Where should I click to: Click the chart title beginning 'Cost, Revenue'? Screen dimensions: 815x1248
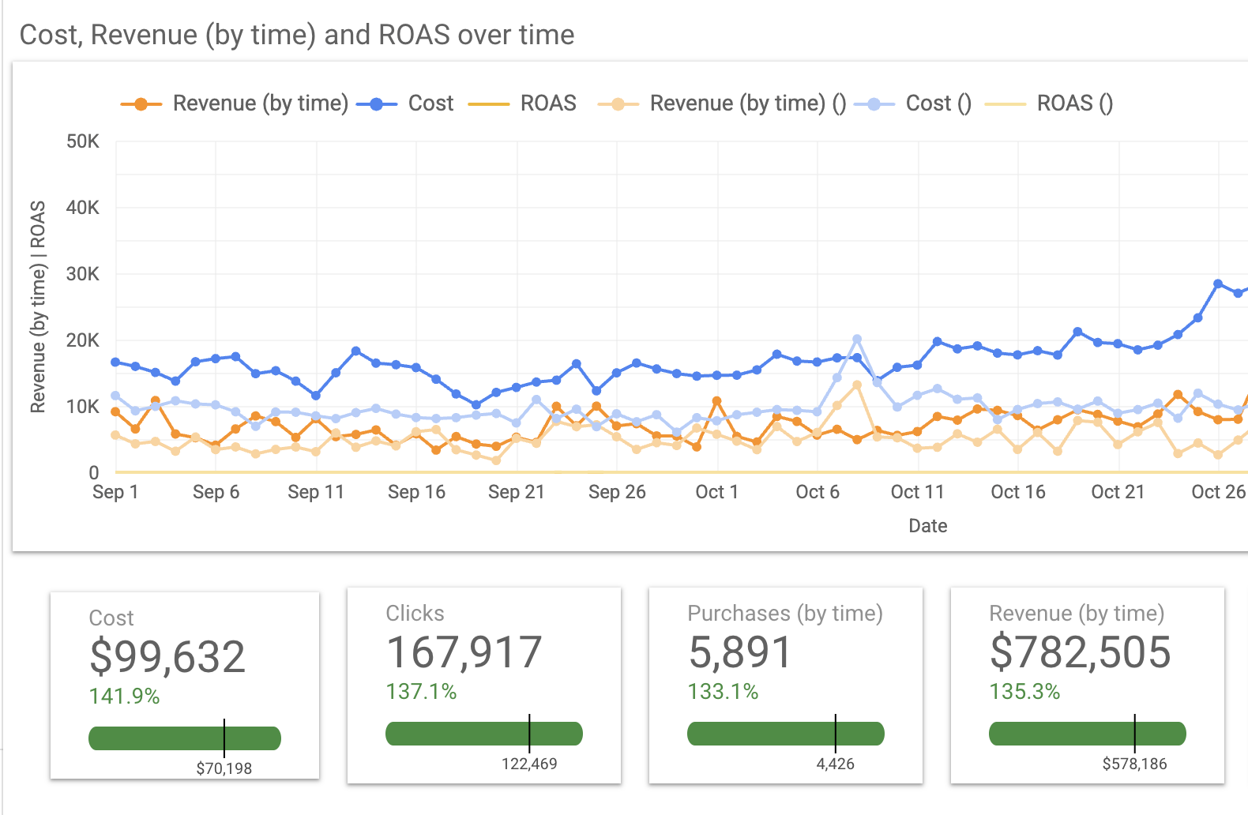[x=297, y=35]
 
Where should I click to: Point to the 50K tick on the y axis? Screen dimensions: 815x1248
[x=83, y=141]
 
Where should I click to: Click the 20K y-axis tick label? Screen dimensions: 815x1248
[x=83, y=340]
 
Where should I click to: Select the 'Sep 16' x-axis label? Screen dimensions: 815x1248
[x=416, y=492]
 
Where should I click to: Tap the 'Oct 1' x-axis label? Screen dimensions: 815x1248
[x=716, y=492]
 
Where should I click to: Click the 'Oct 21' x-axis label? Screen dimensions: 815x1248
[x=1117, y=492]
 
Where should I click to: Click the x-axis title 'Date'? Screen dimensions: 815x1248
[x=927, y=526]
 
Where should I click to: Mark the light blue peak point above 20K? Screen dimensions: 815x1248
[x=857, y=340]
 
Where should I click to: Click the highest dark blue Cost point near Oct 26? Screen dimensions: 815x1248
[x=1218, y=284]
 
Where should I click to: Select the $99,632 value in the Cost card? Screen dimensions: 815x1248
[x=167, y=656]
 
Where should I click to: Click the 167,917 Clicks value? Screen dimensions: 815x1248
[x=464, y=652]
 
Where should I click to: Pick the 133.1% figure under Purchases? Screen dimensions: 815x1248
[x=723, y=692]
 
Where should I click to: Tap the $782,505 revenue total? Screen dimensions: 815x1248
[x=1080, y=652]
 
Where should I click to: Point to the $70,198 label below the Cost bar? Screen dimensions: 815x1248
[x=224, y=768]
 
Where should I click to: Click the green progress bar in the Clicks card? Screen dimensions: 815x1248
[x=483, y=734]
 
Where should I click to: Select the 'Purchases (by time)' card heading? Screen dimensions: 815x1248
[x=785, y=614]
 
